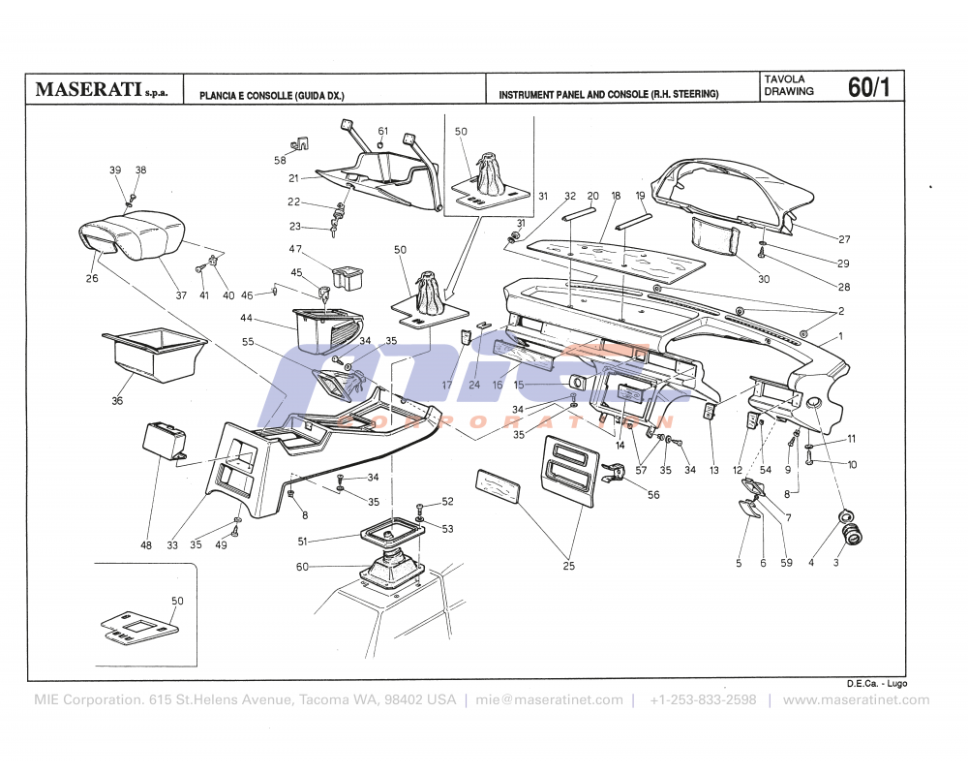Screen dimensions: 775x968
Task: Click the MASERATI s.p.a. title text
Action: click(101, 90)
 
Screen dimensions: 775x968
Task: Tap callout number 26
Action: click(93, 279)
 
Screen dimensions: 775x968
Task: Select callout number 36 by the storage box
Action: click(118, 400)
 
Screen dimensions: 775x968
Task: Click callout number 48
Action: click(146, 545)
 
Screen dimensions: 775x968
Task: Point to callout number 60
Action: click(302, 567)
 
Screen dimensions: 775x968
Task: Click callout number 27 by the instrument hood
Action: click(844, 239)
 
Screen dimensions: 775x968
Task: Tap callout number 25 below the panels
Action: click(569, 566)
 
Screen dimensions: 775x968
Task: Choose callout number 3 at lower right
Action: click(836, 563)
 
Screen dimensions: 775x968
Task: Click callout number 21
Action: click(293, 178)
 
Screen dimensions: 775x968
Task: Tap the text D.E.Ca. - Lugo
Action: click(876, 684)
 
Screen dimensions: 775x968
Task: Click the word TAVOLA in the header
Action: click(784, 78)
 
